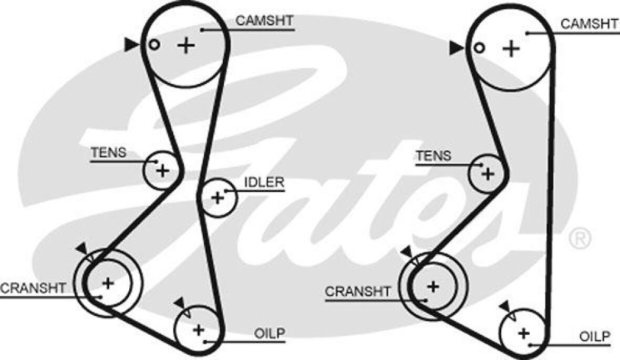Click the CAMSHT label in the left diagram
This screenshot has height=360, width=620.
point(264,21)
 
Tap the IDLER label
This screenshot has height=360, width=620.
point(264,182)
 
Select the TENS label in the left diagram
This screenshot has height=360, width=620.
point(108,153)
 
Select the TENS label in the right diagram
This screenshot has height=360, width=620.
point(433,156)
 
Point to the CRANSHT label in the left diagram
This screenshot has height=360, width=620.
point(33,289)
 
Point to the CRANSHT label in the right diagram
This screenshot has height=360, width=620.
point(358,292)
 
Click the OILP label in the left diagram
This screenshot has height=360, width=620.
point(269,333)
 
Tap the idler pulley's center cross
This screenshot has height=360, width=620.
point(217,198)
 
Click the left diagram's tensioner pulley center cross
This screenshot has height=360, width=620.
point(163,170)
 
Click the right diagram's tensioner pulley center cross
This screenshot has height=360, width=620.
point(488,173)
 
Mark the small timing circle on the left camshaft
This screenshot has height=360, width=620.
point(153,45)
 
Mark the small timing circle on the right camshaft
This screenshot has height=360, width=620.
point(478,48)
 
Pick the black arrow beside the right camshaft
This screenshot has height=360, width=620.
point(456,48)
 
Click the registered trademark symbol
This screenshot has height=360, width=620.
point(580,238)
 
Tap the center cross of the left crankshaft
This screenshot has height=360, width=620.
point(108,283)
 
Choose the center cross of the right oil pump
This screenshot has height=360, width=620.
point(523,333)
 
